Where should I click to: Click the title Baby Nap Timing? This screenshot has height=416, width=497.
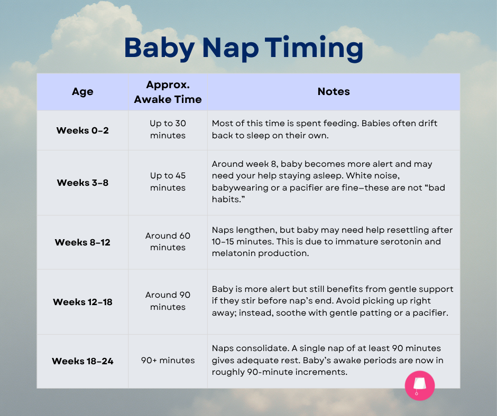tap(243, 48)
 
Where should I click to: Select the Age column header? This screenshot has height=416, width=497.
tap(82, 91)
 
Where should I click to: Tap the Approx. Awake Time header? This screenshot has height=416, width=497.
tap(168, 92)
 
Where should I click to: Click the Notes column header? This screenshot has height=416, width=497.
tap(334, 91)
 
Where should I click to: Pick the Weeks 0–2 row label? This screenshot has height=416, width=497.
tap(82, 130)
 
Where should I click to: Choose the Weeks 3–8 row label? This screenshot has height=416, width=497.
tap(82, 182)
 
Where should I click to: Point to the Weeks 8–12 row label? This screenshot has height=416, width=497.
tap(82, 242)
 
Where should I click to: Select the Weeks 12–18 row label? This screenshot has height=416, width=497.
tap(82, 302)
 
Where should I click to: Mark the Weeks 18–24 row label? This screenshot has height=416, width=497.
tap(82, 361)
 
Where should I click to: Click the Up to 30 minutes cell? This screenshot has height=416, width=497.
tap(168, 129)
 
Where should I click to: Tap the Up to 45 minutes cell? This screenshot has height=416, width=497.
tap(168, 182)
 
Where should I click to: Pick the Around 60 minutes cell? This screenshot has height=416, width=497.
tap(168, 241)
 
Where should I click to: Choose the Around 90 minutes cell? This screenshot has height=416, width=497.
tap(168, 301)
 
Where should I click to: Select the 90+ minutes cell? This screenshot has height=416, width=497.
tap(168, 361)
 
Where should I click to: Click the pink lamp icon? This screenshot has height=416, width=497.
tap(420, 385)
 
